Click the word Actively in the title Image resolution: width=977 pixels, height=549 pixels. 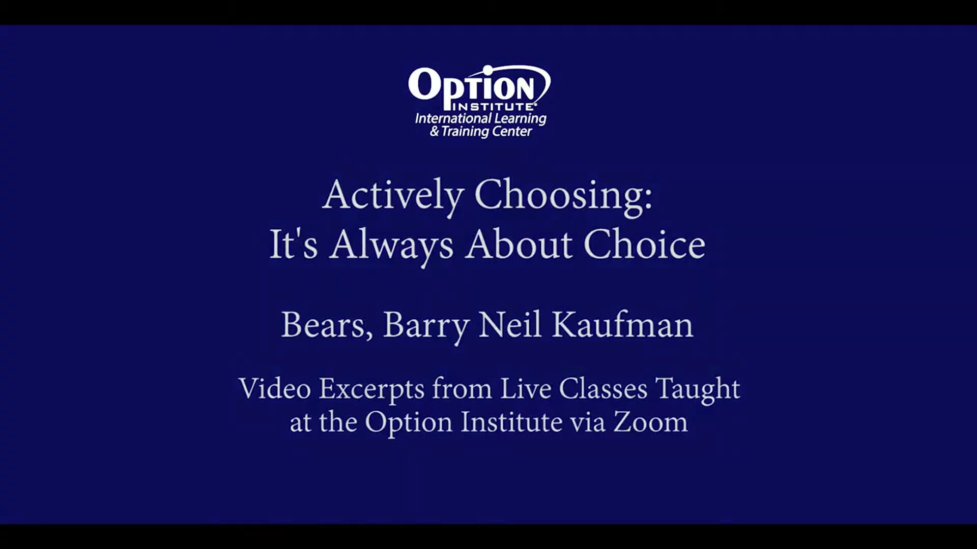pyautogui.click(x=393, y=196)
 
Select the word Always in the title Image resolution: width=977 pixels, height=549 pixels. pyautogui.click(x=391, y=246)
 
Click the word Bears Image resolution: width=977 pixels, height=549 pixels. pyautogui.click(x=327, y=325)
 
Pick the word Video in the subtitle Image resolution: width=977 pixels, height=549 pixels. pyautogui.click(x=275, y=388)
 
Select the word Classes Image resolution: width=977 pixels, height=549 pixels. pyautogui.click(x=603, y=388)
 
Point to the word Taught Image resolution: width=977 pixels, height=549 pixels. pyautogui.click(x=698, y=390)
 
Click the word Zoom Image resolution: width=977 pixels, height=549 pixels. pyautogui.click(x=650, y=422)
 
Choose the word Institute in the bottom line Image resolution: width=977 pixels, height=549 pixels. pyautogui.click(x=511, y=422)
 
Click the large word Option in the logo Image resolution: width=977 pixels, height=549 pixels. pyautogui.click(x=471, y=87)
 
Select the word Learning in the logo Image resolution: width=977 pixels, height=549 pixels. pyautogui.click(x=520, y=119)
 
